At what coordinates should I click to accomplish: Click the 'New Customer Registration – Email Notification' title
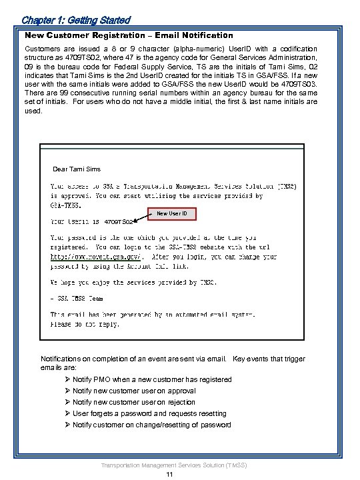129,35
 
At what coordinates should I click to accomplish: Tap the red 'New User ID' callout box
172,213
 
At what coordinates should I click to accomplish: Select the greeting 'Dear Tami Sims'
76,169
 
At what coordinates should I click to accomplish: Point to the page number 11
171,474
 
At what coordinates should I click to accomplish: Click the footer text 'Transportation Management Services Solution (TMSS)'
171,463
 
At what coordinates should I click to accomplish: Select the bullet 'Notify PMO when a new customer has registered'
152,379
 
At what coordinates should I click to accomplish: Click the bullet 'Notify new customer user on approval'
134,391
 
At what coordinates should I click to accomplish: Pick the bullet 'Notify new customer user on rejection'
134,402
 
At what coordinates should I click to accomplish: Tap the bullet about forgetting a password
149,413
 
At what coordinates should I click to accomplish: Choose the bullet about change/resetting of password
151,425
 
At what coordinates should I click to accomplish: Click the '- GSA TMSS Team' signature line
78,299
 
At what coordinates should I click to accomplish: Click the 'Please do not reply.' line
85,324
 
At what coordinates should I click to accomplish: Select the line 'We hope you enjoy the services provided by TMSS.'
133,281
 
